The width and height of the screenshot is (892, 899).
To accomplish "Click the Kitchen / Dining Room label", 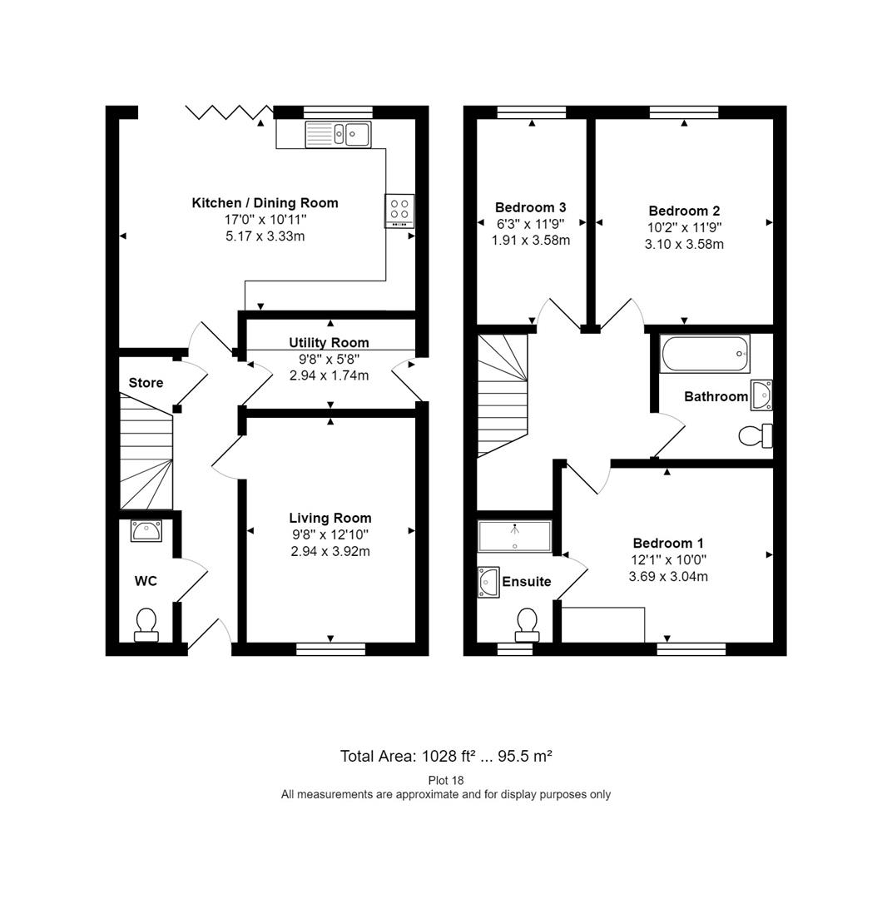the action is click(x=265, y=203).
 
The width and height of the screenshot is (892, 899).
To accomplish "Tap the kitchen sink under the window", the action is click(x=338, y=134).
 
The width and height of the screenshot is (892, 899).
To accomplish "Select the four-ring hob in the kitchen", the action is click(x=399, y=211).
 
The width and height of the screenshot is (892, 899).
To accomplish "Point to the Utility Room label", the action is click(x=329, y=343).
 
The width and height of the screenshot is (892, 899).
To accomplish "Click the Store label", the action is click(x=146, y=383).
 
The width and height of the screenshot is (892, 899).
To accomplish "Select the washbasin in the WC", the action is click(x=146, y=531).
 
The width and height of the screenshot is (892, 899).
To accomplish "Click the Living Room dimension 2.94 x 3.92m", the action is click(x=330, y=552).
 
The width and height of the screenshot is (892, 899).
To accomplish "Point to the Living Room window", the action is click(x=331, y=648).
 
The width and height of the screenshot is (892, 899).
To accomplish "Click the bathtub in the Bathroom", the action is click(x=705, y=354).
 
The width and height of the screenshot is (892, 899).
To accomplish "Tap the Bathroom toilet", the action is click(x=756, y=435).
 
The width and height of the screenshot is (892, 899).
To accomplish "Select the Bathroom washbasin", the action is click(x=761, y=395).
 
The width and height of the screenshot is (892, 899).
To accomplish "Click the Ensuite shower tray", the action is click(x=515, y=536).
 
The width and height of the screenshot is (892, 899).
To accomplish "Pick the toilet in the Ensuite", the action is click(x=528, y=625).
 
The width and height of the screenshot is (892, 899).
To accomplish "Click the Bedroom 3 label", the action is click(x=531, y=207).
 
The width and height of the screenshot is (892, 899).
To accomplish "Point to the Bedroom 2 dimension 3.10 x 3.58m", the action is click(x=685, y=244).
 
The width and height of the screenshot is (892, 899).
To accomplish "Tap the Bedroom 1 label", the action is click(x=668, y=543).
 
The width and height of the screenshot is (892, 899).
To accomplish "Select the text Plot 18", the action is click(x=446, y=780).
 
